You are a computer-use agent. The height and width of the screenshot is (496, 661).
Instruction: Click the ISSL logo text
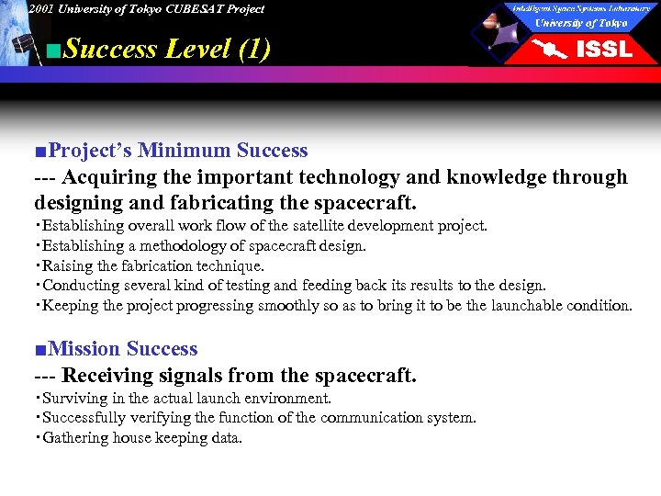click(x=603, y=48)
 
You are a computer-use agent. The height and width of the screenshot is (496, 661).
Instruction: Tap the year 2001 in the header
click(x=41, y=9)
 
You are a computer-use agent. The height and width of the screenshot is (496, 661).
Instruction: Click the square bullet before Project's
click(x=40, y=151)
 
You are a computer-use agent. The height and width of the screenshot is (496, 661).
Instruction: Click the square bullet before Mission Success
click(x=40, y=350)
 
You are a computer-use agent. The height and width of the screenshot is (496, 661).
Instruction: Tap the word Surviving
click(x=74, y=399)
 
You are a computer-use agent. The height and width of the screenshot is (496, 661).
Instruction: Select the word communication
click(x=362, y=418)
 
